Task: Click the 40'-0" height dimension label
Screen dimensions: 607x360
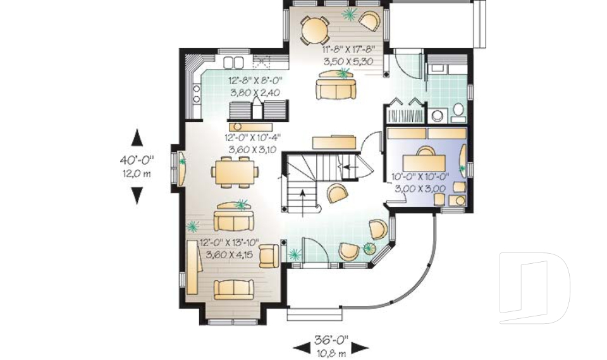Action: click(x=137, y=159)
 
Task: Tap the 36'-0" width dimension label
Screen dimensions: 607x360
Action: click(x=331, y=340)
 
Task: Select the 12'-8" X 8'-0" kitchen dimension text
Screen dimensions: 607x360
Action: click(x=255, y=81)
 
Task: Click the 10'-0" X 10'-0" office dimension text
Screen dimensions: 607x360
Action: click(x=420, y=177)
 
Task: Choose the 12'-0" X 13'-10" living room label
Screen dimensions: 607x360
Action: click(x=229, y=243)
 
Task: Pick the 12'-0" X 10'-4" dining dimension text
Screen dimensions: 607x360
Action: click(x=252, y=137)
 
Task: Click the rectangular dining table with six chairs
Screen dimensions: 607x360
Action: click(x=235, y=172)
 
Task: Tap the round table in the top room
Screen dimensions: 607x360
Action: click(x=315, y=30)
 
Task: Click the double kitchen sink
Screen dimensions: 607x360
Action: click(x=233, y=63)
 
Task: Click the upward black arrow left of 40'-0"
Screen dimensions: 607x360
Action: click(x=137, y=137)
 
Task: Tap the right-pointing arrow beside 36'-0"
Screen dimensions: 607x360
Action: click(x=360, y=348)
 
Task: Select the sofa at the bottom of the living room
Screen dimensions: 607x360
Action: click(x=234, y=290)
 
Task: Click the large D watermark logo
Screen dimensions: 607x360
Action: click(x=534, y=288)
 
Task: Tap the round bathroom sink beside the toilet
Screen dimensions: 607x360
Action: click(x=438, y=116)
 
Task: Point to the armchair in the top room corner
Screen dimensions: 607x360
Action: click(x=370, y=20)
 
